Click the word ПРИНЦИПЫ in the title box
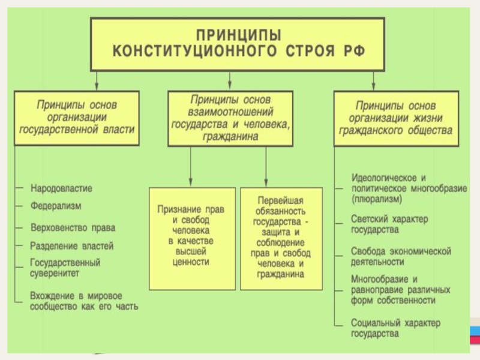coord(238,35)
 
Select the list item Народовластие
coord(61,188)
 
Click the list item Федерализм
coord(56,206)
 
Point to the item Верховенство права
coord(73,228)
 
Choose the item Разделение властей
coord(71,246)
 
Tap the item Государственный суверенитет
coord(65,268)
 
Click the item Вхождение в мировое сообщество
coord(84,301)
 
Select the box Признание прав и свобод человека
coord(192,239)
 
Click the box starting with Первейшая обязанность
coord(281,239)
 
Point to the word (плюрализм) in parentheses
coord(377,199)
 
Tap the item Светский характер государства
coord(389,224)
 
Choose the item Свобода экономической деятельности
coord(401,257)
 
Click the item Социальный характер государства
coord(395,328)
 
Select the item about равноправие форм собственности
coord(400,290)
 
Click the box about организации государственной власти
coord(77,118)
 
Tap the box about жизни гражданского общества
coord(396,118)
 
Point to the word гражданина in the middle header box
coord(230,137)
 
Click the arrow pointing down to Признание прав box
coord(190,167)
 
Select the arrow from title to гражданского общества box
coord(373,81)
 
